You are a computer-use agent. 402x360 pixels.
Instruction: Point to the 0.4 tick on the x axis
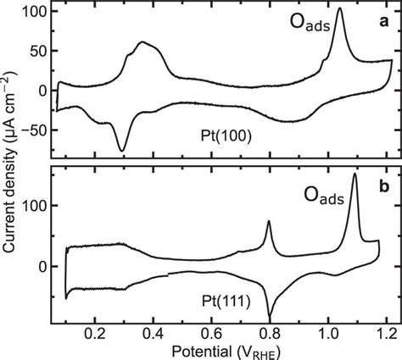click(x=154, y=333)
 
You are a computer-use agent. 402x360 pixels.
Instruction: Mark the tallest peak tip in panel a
click(x=340, y=9)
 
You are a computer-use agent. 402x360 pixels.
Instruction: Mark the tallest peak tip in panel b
click(x=354, y=174)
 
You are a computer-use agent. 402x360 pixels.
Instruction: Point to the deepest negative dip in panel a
click(x=122, y=150)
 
